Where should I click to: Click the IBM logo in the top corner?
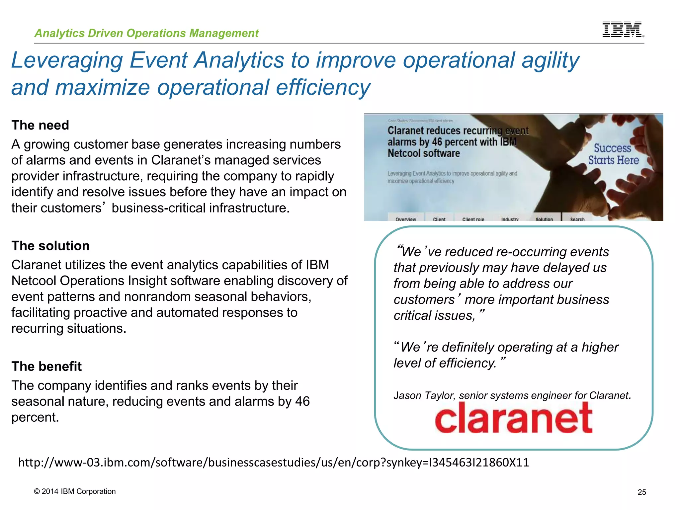click(623, 29)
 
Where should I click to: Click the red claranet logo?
click(513, 418)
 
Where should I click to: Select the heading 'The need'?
click(40, 125)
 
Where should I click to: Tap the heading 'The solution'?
click(50, 246)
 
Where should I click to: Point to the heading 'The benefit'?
click(46, 366)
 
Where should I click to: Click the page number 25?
click(642, 492)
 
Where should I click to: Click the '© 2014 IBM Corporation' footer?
click(75, 491)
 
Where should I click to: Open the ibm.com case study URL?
click(273, 462)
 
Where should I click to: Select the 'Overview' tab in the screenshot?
click(405, 219)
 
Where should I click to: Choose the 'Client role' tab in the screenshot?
click(473, 219)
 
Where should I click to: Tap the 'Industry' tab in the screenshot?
click(510, 219)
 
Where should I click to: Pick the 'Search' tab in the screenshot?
click(577, 219)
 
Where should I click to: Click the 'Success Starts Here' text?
click(613, 154)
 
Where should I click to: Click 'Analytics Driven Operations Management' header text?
click(146, 33)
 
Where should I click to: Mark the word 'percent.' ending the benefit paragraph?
click(35, 417)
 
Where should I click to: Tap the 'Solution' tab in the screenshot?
click(544, 219)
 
